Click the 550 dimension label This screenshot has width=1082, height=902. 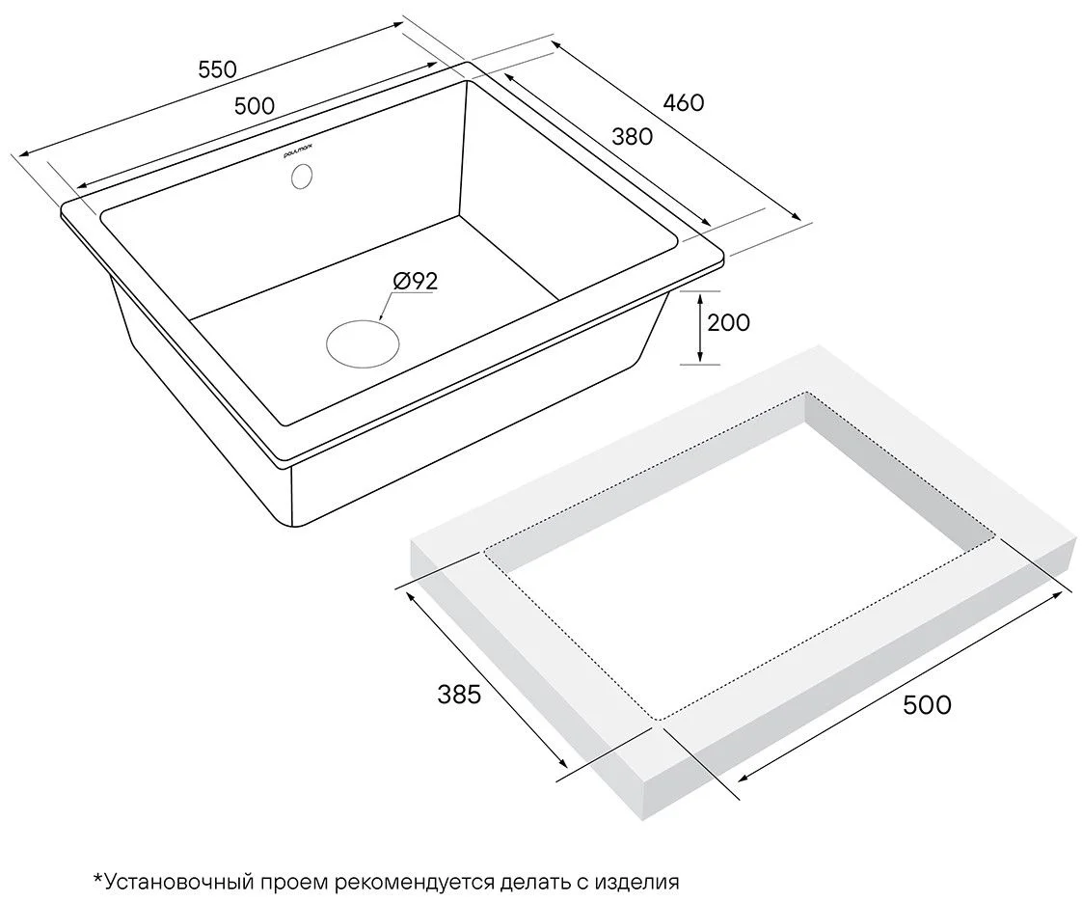pyautogui.click(x=217, y=69)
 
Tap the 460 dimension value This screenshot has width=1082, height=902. pyautogui.click(x=683, y=103)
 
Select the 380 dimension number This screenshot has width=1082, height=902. pyautogui.click(x=632, y=137)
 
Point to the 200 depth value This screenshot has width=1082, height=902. pyautogui.click(x=729, y=322)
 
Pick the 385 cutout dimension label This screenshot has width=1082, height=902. pyautogui.click(x=460, y=695)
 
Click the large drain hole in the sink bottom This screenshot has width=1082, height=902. pyautogui.click(x=363, y=343)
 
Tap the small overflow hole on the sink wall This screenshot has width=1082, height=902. pyautogui.click(x=302, y=176)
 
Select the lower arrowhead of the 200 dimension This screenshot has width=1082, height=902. pyautogui.click(x=700, y=357)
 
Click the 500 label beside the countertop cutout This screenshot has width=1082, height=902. pyautogui.click(x=927, y=705)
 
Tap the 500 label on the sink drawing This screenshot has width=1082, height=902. pyautogui.click(x=255, y=106)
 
